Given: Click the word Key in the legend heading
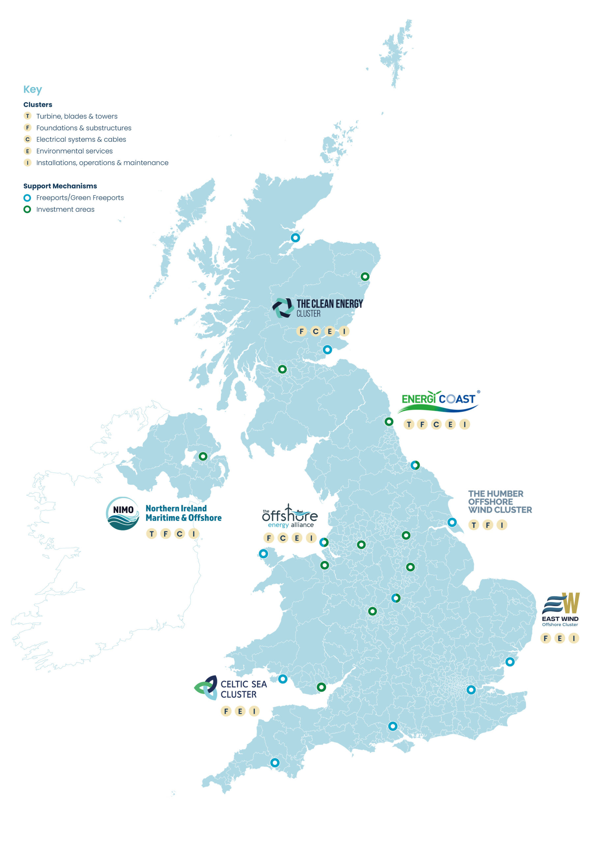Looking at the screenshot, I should point(33,89).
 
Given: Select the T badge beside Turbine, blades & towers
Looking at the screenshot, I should point(28,116).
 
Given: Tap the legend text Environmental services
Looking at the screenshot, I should point(74,151).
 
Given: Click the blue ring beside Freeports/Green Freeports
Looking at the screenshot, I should point(27,198).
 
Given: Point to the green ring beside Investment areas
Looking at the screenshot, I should point(27,209).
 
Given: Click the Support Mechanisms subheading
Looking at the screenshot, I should point(60,186).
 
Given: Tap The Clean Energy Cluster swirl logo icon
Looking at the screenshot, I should point(283,308).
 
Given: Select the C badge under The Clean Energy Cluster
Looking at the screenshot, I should point(316,331).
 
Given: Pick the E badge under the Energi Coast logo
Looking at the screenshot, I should point(450,424).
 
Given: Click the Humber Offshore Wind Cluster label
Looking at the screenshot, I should point(500,501).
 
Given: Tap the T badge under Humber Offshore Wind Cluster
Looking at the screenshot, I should point(474,525).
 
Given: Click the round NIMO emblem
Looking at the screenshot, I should point(123,513).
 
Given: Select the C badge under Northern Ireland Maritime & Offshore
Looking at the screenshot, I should point(180,534).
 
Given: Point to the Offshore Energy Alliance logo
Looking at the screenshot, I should point(290,517).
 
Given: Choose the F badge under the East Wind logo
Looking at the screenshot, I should point(546,638).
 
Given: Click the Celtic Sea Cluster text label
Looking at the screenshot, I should point(243,689).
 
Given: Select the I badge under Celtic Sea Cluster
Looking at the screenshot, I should point(254,711).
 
